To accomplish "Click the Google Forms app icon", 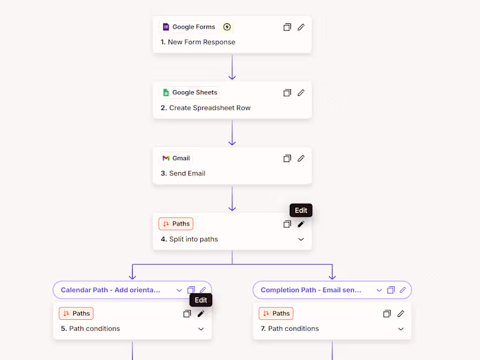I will coord(166,27).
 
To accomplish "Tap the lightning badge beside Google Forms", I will coord(227,27).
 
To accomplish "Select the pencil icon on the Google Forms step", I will coord(301,27).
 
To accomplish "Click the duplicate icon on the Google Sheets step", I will coord(287,92).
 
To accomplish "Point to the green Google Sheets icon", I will coord(166,92).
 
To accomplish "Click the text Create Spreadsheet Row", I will coord(209,108).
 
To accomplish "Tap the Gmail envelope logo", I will coord(166,158).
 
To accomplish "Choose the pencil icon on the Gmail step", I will coord(301,158).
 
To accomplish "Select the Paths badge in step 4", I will coord(176,224).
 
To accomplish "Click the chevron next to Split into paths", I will coord(301,239).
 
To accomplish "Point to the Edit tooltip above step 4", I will coord(301,211).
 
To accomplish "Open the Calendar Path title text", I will coord(111,290).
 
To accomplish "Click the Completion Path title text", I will coord(311,290).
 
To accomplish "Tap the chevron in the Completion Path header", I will coord(379,290).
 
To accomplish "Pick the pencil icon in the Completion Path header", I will coord(403,290).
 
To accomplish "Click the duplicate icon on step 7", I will coord(387,313).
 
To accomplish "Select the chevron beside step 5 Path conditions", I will coord(201,329).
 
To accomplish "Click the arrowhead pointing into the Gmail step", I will coord(232,142).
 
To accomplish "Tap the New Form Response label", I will coord(202,42).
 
